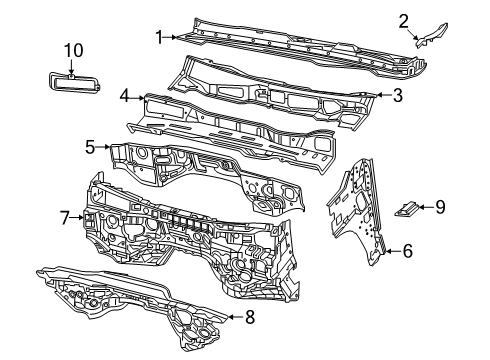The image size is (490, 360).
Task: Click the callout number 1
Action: (158, 36)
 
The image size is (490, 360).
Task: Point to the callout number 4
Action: (125, 96)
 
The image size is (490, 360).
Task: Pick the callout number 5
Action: (90, 147)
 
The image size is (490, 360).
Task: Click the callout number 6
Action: (406, 252)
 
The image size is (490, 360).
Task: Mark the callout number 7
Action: (64, 216)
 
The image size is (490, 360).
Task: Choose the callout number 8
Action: (250, 318)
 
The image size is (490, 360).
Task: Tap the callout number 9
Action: (440, 207)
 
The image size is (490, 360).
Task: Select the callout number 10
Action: (73, 49)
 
